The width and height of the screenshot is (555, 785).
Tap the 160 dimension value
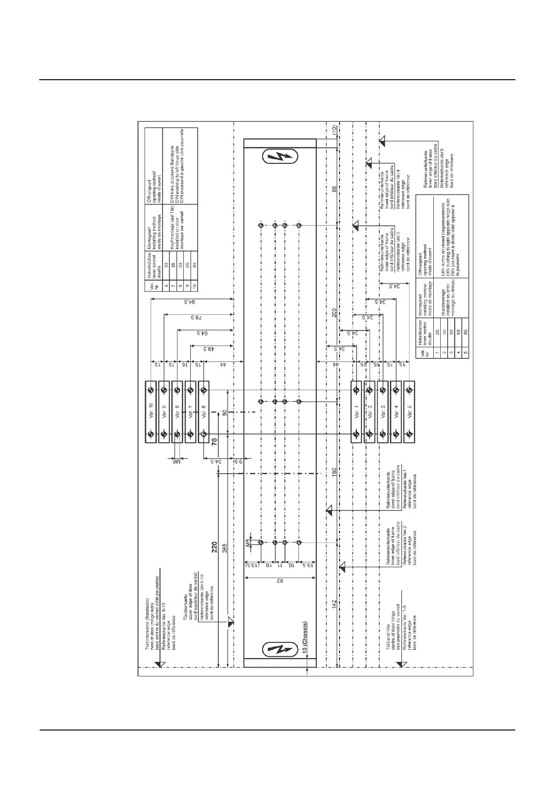click(334, 473)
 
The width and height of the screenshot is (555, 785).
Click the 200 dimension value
click(334, 313)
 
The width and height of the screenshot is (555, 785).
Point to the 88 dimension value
click(334, 189)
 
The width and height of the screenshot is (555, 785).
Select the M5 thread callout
click(248, 542)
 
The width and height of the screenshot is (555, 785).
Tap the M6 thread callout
click(177, 461)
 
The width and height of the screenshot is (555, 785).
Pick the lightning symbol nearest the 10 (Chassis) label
click(280, 649)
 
